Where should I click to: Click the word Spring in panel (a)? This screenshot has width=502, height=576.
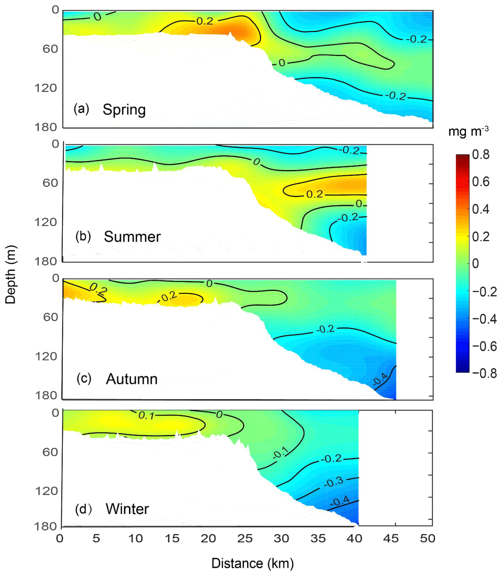(124, 110)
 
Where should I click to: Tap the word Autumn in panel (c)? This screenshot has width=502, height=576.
(132, 379)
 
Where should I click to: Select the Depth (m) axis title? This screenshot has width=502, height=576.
(11, 275)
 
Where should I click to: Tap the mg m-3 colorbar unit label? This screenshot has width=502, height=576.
(468, 131)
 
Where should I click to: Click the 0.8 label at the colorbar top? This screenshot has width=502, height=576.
(481, 155)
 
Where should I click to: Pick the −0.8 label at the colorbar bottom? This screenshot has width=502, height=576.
(484, 373)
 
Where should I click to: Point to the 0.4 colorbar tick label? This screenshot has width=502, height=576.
(481, 209)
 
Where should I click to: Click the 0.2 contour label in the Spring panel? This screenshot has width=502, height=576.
(205, 21)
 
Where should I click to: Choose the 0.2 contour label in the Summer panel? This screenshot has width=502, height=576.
(315, 194)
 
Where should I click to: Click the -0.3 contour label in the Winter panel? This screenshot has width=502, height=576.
(334, 482)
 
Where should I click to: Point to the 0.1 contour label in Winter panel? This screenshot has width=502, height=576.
(146, 415)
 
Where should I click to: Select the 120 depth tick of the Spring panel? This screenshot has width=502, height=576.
(46, 88)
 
